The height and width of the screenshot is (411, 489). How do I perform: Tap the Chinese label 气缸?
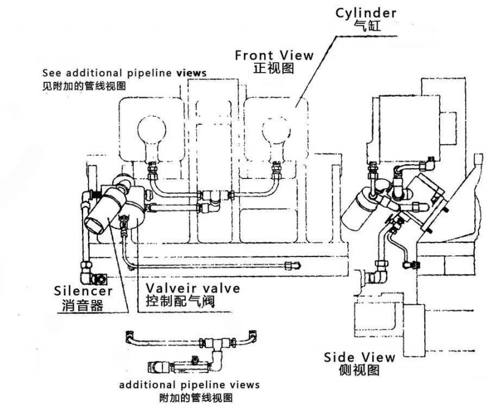pyautogui.click(x=366, y=25)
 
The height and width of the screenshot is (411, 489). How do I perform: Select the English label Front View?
pyautogui.click(x=274, y=55)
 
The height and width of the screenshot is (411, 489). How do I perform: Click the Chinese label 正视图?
pyautogui.click(x=273, y=68)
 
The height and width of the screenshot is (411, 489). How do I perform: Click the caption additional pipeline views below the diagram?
pyautogui.click(x=189, y=385)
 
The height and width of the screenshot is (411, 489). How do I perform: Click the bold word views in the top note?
pyautogui.click(x=191, y=72)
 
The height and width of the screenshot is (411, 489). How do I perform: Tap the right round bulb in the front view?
pyautogui.click(x=276, y=130)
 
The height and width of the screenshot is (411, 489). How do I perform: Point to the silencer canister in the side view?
pyautogui.click(x=359, y=208)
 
